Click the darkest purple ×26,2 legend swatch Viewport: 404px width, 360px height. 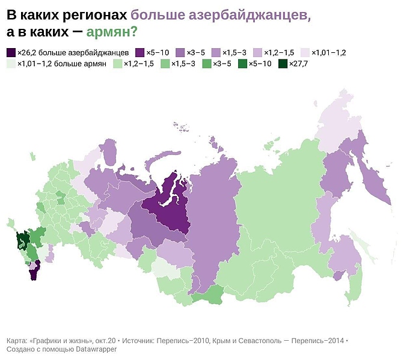click(11, 52)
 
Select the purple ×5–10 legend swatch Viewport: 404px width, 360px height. click(141, 52)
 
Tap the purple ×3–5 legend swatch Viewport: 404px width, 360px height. click(180, 52)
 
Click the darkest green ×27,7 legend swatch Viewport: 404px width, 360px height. click(283, 63)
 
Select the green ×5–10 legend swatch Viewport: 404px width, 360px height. click(243, 63)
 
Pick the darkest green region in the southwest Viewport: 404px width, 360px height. click(22, 240)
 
